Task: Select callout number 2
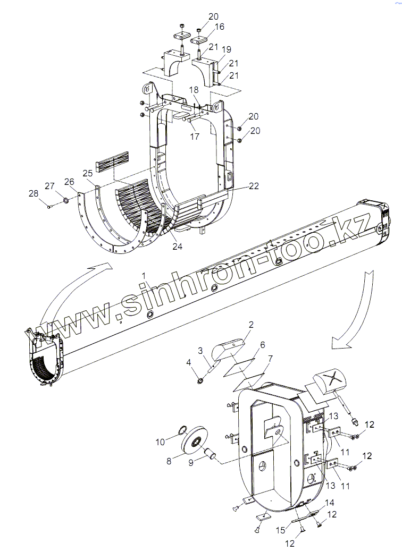coord(251,325)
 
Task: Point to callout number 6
coord(262,345)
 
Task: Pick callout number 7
coord(270,360)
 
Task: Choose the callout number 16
coord(220,27)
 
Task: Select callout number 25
coord(88,173)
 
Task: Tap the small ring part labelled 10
coord(181,429)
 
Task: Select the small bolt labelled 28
coord(49,206)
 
